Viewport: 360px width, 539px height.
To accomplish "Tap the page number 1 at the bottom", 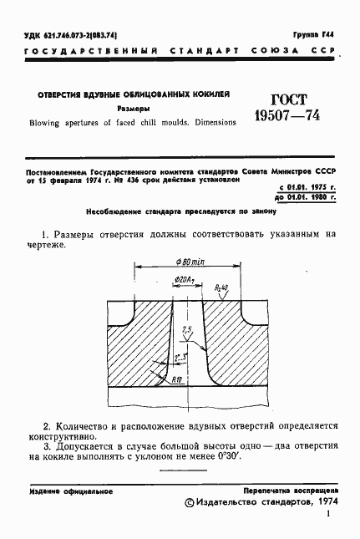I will [x=330, y=518].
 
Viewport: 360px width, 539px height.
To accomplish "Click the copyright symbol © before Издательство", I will [x=190, y=503].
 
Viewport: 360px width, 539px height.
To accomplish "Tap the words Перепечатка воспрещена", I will [x=290, y=491].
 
